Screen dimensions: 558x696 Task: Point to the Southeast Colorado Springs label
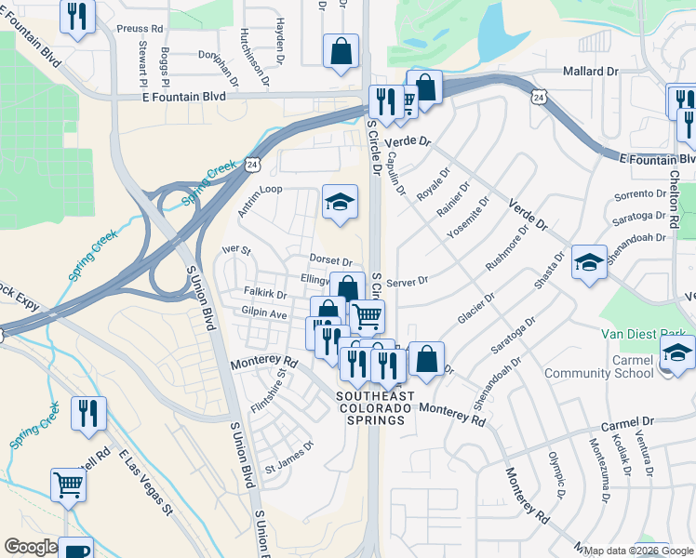(x=370, y=408)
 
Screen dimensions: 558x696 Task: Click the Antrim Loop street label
(x=260, y=200)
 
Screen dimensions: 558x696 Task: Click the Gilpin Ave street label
(x=264, y=314)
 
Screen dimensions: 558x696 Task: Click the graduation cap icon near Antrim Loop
(x=340, y=201)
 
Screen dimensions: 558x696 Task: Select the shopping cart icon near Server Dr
(x=367, y=316)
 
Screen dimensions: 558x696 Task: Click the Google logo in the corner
(x=30, y=547)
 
